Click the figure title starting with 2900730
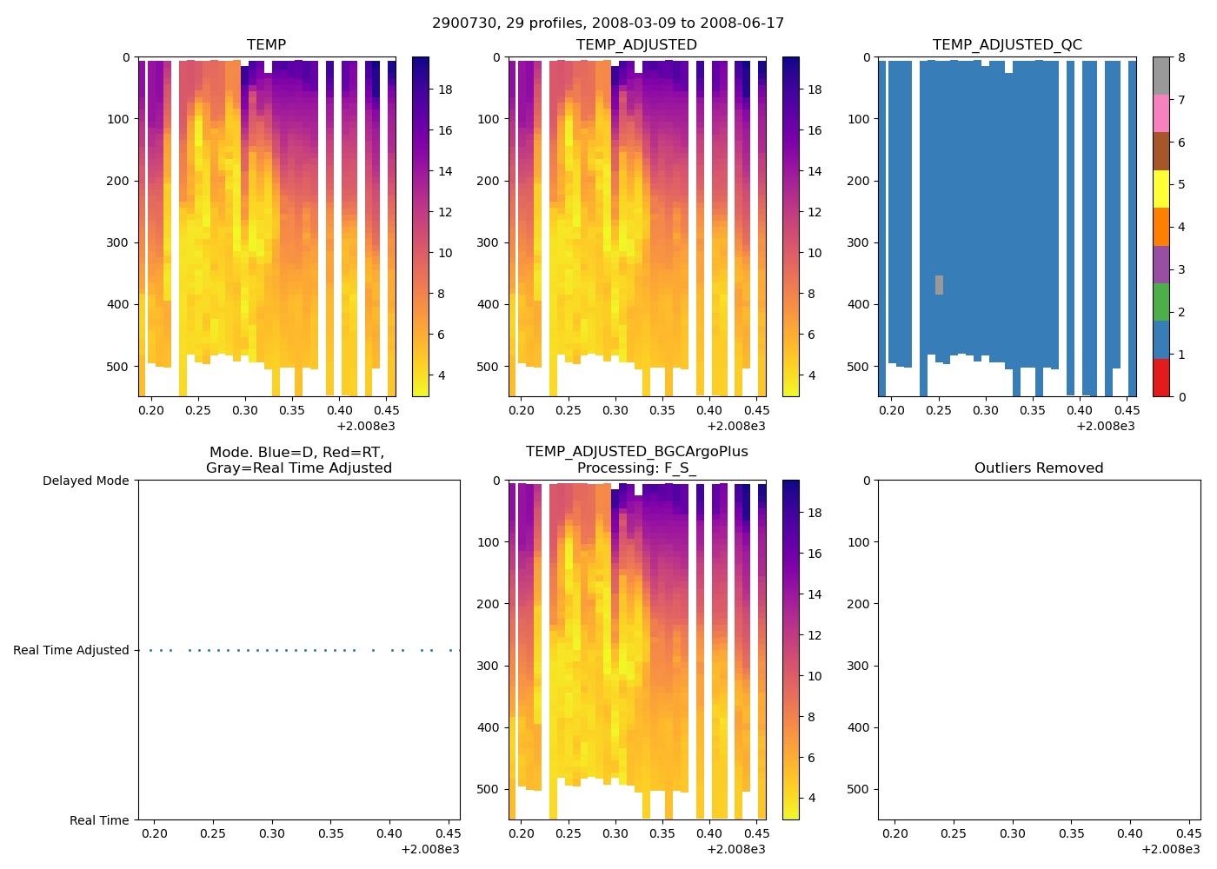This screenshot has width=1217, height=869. coord(608,23)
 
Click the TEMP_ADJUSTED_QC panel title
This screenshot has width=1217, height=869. coord(1007,45)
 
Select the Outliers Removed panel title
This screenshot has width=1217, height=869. coord(1038,468)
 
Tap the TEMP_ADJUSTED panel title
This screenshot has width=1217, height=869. coord(636,45)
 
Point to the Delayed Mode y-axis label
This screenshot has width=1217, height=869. coord(85,481)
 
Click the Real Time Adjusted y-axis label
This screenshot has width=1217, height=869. coord(71,650)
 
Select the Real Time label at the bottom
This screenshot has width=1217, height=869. coord(99,820)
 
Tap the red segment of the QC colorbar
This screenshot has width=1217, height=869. coord(1160,378)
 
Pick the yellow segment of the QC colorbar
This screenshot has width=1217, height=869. coord(1160,189)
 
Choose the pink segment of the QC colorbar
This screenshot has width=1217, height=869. coord(1160,114)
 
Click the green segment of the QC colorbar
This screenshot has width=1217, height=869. coord(1160,302)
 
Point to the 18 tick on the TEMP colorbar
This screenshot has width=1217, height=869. coord(444,90)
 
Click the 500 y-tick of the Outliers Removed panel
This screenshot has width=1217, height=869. coord(860,789)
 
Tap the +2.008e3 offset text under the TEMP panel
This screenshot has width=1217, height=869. coord(366,426)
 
